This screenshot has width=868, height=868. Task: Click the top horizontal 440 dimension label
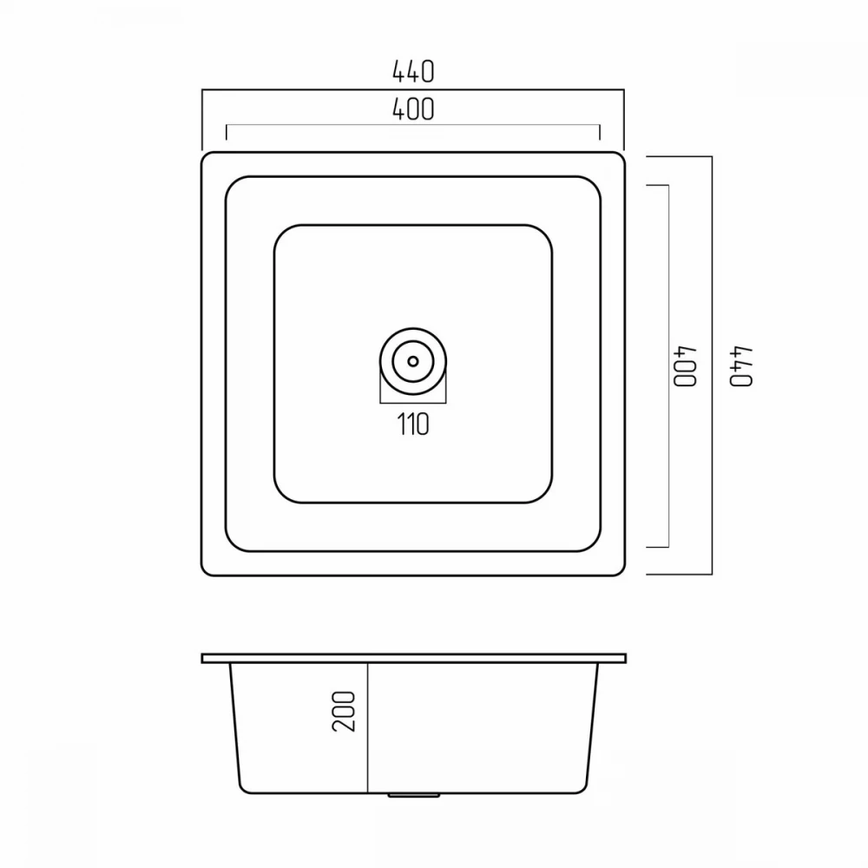[413, 71]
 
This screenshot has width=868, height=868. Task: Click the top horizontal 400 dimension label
[413, 109]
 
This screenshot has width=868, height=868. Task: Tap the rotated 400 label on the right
[684, 366]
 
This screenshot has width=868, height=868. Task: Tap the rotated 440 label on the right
[740, 366]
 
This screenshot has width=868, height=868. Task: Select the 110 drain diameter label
[413, 424]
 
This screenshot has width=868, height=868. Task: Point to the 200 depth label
[344, 712]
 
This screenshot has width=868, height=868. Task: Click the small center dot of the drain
[413, 361]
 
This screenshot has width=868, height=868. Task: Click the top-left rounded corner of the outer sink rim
[206, 156]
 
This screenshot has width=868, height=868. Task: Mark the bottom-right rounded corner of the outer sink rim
[621, 572]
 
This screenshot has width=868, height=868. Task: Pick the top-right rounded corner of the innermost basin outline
[545, 233]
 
